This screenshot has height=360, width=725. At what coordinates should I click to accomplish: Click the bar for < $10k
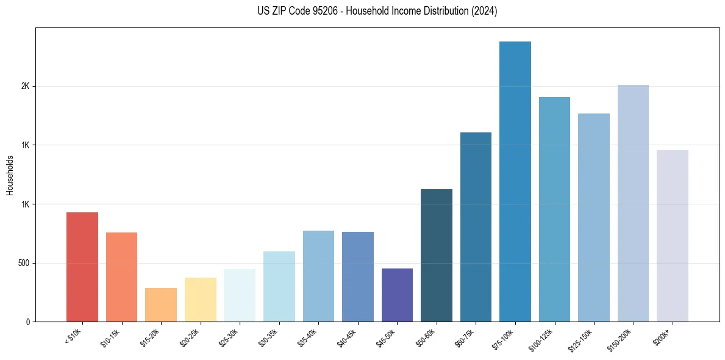tap(82, 267)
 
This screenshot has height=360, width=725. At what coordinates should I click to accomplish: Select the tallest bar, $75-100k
tap(515, 181)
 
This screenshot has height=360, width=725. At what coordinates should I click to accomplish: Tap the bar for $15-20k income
tap(161, 304)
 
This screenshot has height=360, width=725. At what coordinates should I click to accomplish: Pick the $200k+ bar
tap(673, 236)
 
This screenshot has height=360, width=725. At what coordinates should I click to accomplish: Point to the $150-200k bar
tap(633, 203)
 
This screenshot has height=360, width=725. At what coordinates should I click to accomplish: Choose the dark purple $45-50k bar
tap(397, 295)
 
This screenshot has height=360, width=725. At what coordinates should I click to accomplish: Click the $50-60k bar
tap(437, 255)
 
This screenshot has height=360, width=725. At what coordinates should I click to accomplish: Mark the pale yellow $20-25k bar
tap(201, 300)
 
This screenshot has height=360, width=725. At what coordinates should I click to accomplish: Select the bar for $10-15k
tap(122, 277)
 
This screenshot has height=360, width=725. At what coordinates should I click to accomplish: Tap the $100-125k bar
tap(554, 209)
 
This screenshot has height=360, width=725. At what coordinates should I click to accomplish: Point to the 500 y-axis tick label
tap(23, 264)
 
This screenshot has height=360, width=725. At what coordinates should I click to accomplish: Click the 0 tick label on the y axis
tap(28, 322)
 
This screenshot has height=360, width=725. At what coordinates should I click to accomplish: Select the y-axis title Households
tap(10, 175)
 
